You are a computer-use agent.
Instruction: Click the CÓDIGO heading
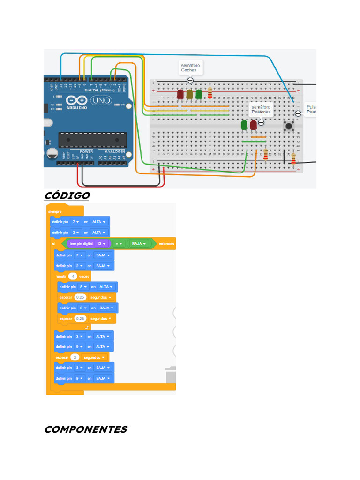[66, 195]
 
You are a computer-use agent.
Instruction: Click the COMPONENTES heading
[85, 429]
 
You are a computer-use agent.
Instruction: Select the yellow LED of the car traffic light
[189, 94]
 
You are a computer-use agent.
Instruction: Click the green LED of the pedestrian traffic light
[244, 125]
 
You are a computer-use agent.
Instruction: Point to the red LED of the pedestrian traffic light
[254, 125]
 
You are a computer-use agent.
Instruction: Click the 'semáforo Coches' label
[190, 67]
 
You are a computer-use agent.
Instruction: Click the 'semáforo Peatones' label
[261, 110]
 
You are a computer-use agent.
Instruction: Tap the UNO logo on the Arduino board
[100, 100]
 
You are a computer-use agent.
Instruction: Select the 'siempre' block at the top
[55, 211]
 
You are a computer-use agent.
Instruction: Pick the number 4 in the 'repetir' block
[73, 276]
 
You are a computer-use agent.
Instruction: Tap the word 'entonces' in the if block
[166, 244]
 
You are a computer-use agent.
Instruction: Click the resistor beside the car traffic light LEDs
[210, 93]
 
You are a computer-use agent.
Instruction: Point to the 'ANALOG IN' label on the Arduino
[115, 152]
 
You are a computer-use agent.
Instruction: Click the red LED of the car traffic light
[180, 94]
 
